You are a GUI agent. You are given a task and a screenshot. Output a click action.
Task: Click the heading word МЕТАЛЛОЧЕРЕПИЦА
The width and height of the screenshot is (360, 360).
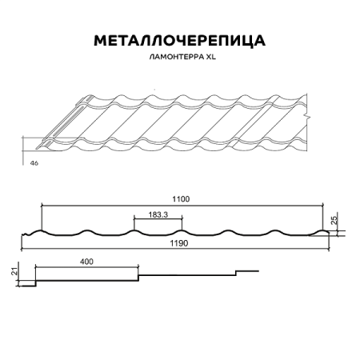180,40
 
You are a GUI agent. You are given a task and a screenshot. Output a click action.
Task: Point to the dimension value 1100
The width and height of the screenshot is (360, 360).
185,200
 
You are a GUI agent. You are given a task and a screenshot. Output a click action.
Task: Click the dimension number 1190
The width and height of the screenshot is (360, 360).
184,243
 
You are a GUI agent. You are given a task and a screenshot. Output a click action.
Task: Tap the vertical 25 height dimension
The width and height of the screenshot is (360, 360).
342,219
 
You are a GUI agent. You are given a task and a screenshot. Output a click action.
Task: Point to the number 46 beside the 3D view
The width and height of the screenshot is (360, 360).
34,162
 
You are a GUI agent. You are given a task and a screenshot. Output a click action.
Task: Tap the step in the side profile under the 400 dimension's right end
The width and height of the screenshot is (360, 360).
140,278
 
